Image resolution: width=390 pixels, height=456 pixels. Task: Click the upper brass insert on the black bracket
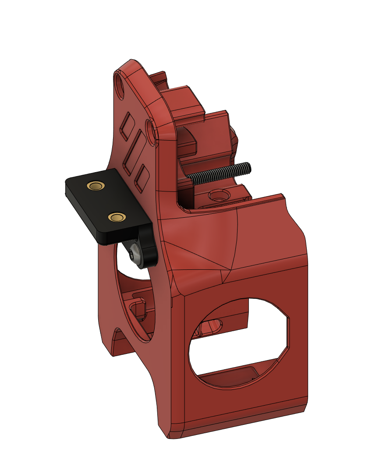pyautogui.click(x=96, y=186)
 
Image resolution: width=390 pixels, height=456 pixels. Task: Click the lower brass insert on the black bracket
pyautogui.click(x=116, y=217)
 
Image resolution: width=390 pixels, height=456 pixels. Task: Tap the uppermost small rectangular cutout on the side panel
pyautogui.click(x=128, y=124)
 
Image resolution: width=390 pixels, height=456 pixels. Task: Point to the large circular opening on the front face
pyautogui.click(x=239, y=339)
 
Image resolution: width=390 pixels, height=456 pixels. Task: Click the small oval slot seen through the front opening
pyautogui.click(x=212, y=325)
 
